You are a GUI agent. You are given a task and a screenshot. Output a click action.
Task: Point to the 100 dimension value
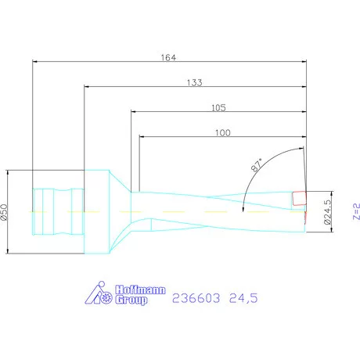click(x=223, y=133)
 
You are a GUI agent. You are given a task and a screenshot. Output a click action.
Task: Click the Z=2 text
click(x=355, y=212)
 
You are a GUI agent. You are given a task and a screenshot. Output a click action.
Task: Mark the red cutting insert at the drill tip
click(x=298, y=200)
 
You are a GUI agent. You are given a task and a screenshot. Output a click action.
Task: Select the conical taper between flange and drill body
click(x=121, y=212)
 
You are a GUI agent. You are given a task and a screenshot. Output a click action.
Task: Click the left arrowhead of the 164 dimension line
click(x=34, y=62)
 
